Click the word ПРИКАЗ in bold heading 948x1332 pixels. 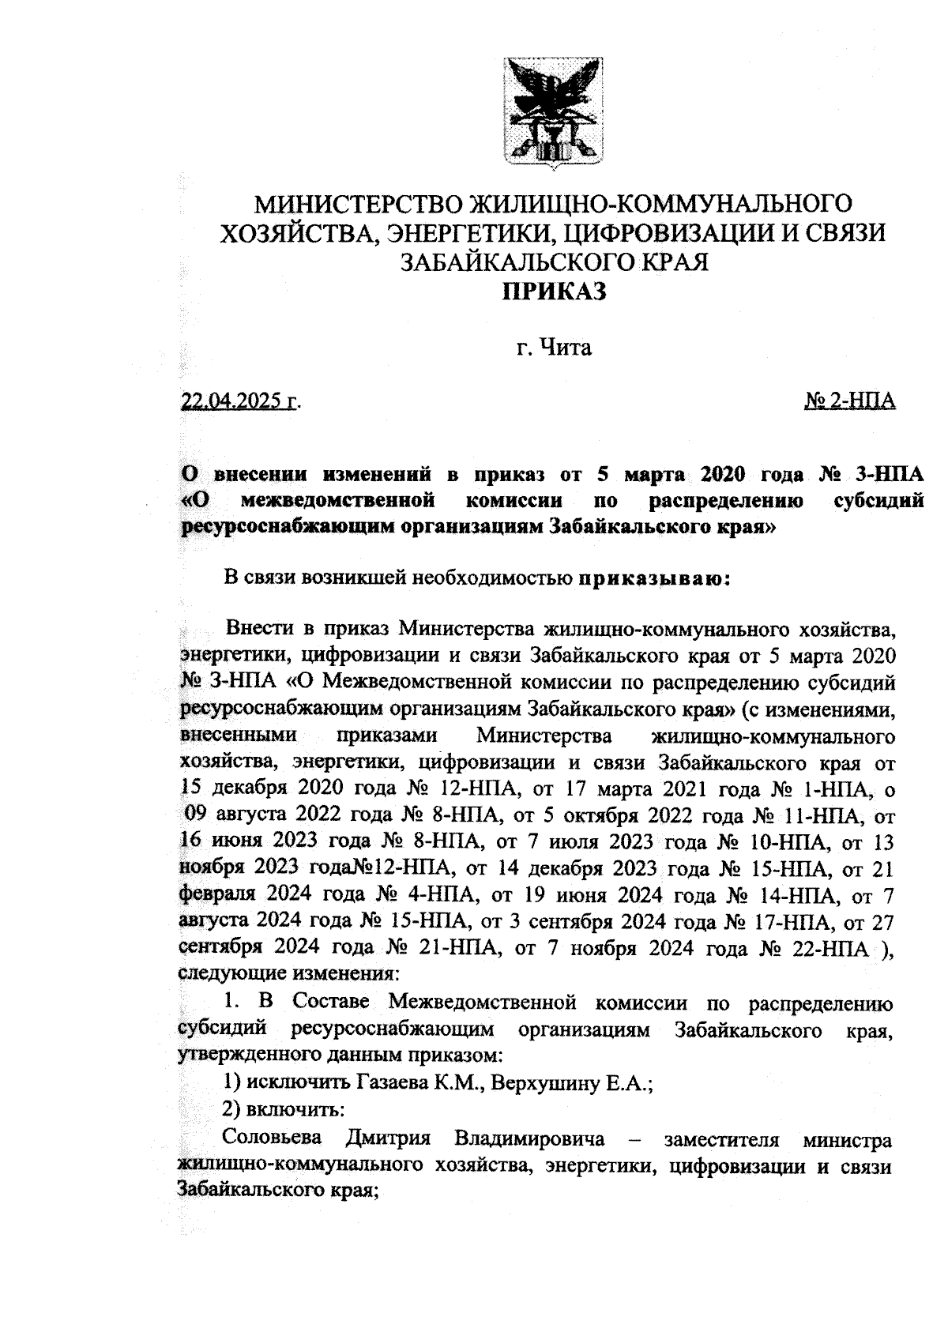click(555, 292)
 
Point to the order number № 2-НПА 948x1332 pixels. click(849, 401)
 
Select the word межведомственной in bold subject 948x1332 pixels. click(340, 501)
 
